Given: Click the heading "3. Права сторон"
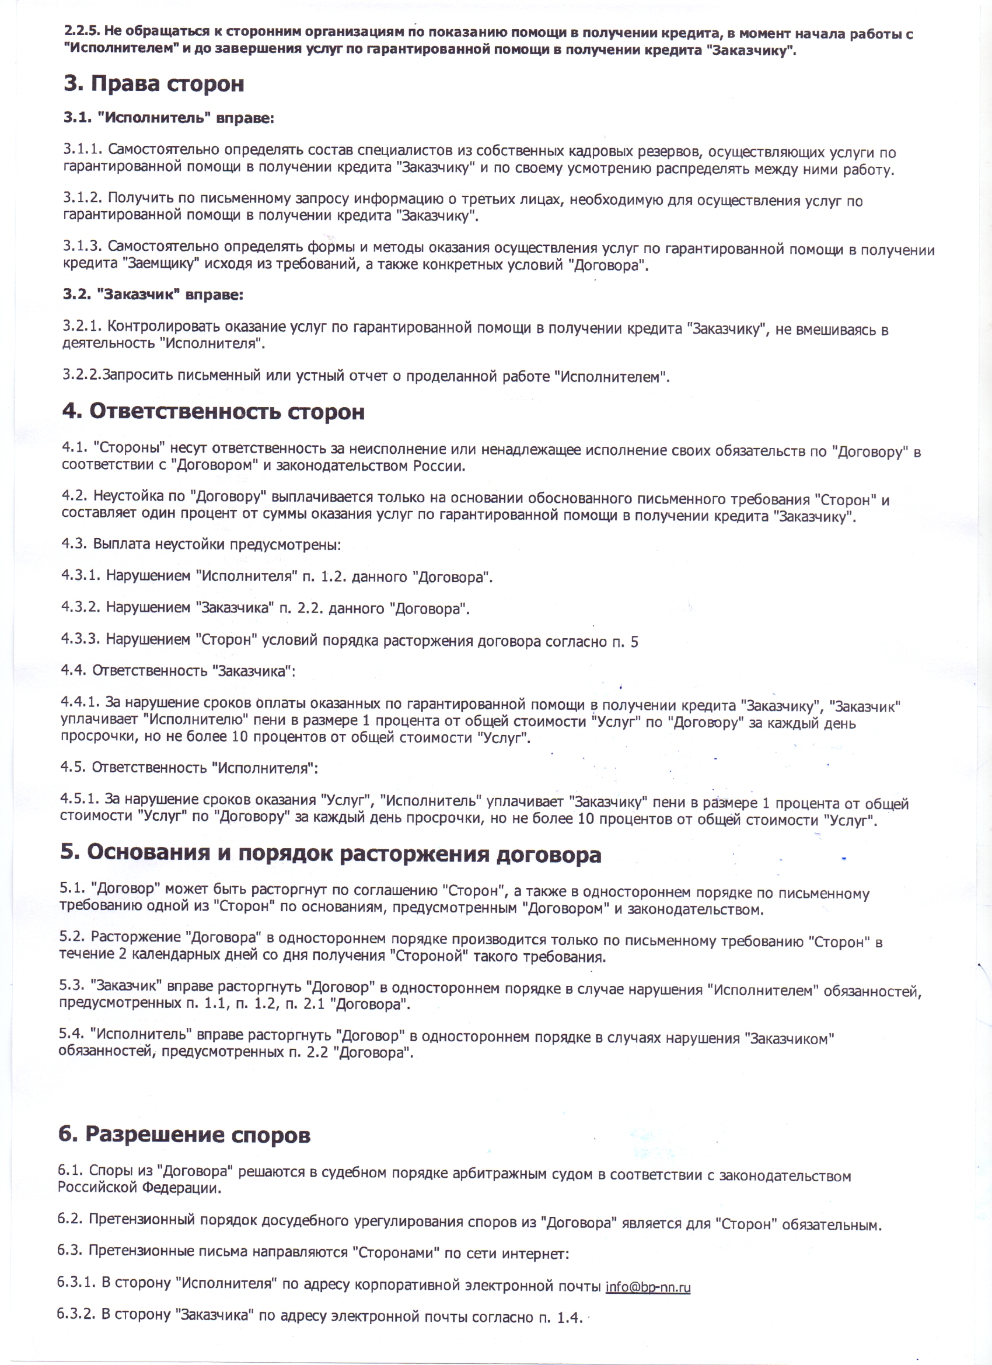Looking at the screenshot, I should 154,84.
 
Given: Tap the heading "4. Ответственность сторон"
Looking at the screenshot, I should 214,412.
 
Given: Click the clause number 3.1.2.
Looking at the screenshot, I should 83,198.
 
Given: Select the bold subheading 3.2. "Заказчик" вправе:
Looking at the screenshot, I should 153,295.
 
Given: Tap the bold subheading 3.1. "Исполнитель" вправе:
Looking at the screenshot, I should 169,118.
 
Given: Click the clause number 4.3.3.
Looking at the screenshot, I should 81,639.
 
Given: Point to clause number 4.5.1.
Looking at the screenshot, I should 79,799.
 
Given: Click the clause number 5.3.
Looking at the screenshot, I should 72,985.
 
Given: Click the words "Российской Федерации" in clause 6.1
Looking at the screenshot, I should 139,1188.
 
